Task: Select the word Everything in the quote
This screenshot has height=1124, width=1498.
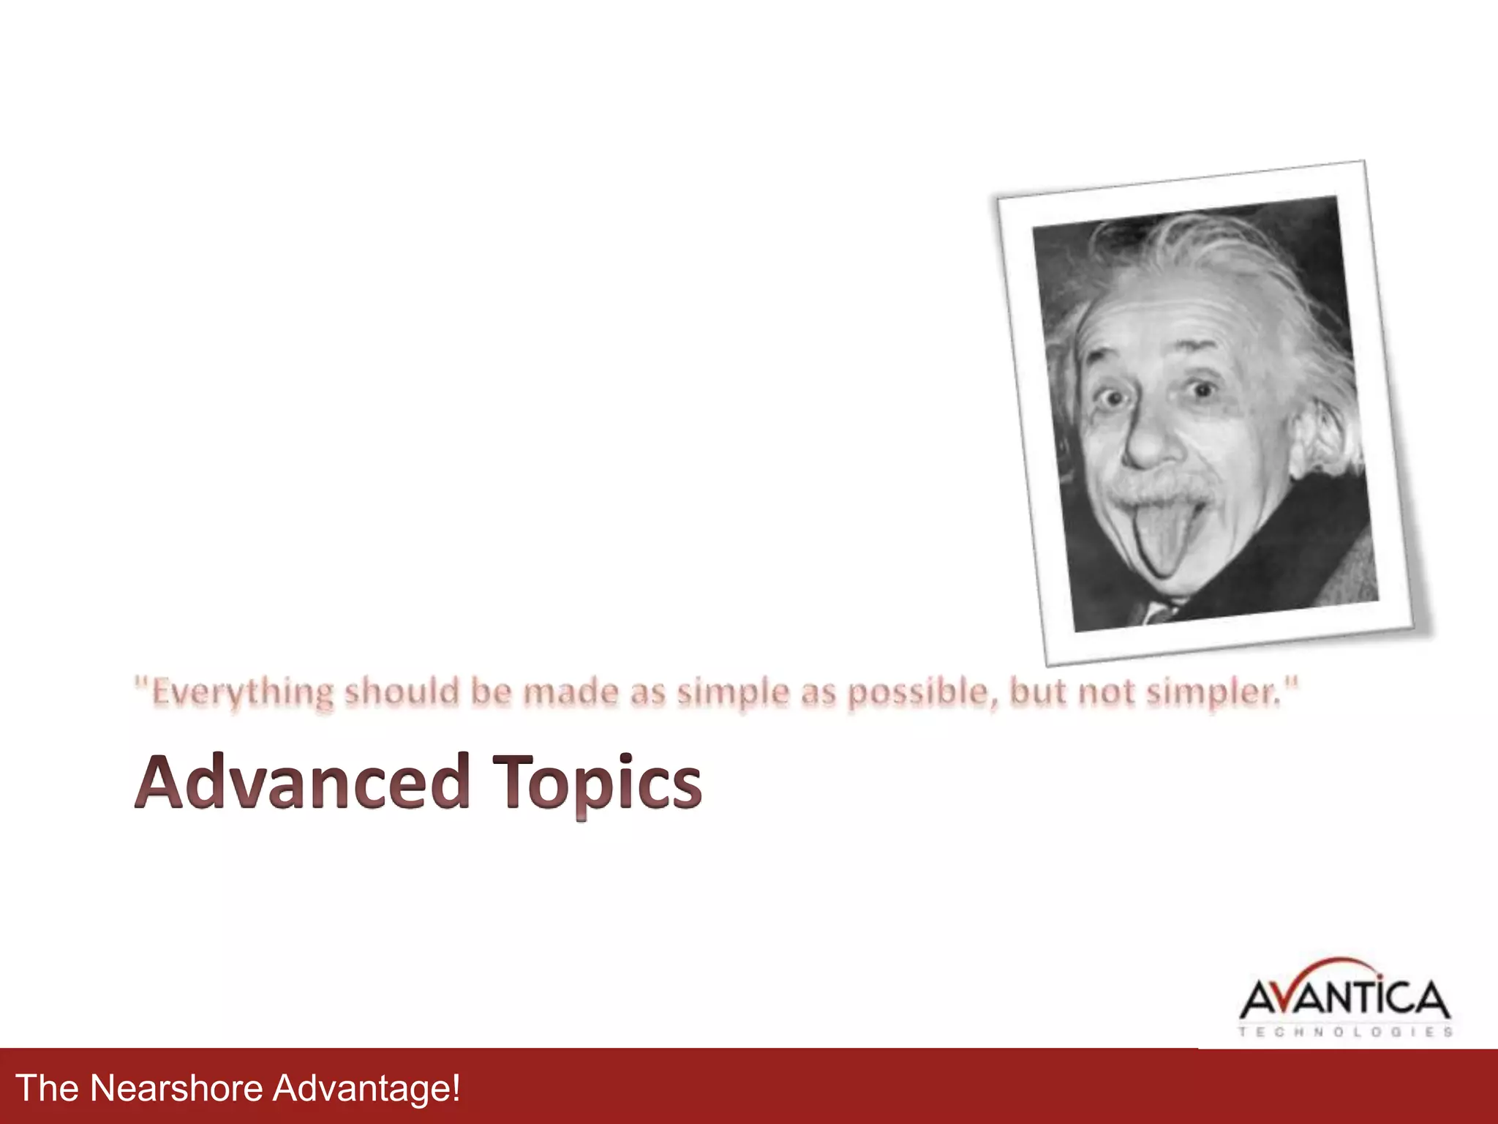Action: (x=242, y=692)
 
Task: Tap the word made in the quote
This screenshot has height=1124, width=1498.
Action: (x=571, y=691)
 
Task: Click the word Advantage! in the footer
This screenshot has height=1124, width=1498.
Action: (x=366, y=1088)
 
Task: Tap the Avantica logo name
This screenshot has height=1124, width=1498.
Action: (x=1344, y=999)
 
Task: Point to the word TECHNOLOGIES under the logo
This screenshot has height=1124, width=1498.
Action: (x=1344, y=1032)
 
